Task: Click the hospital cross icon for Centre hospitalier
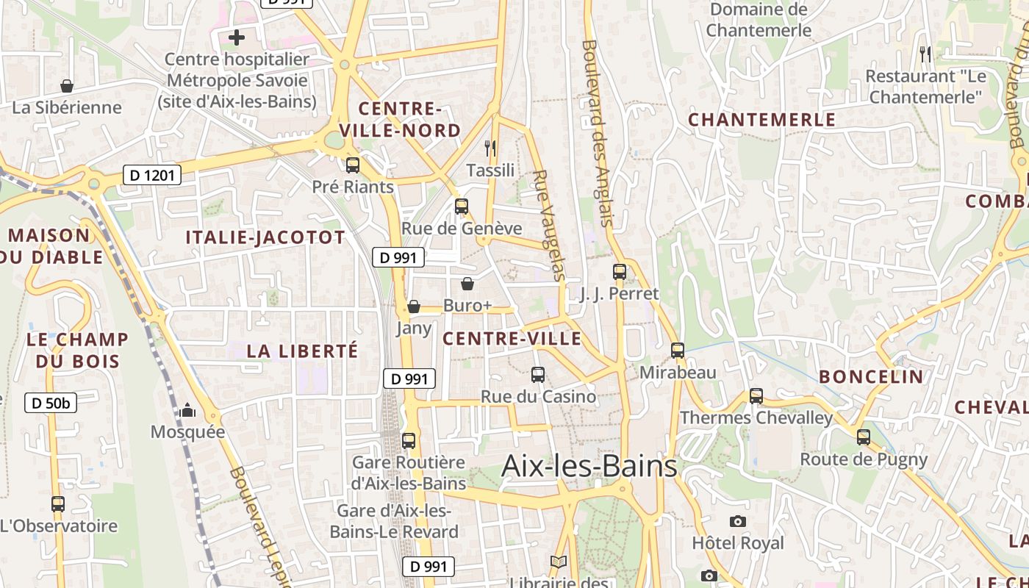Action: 237,37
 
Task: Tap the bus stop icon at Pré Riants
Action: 353,165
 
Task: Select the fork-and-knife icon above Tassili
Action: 491,148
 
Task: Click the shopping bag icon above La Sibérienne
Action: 67,86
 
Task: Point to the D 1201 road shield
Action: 151,175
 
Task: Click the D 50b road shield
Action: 51,402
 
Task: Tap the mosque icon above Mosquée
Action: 187,410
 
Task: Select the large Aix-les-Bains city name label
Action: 589,466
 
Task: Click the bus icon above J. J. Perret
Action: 620,272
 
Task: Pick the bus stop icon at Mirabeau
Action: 678,351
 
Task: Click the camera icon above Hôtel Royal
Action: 738,521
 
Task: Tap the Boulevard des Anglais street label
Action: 596,132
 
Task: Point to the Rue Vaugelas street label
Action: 550,226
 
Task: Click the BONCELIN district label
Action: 871,377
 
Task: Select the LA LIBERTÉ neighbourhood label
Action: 302,351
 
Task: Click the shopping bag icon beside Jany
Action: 414,306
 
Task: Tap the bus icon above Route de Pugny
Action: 864,437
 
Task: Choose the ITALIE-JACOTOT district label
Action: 265,237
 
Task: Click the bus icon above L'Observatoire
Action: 58,504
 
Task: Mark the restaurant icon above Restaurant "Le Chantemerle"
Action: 925,54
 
